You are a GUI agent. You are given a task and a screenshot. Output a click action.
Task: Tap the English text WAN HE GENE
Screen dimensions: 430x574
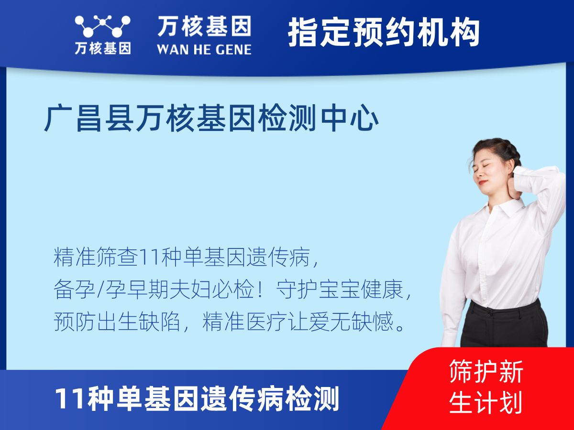[x=204, y=49]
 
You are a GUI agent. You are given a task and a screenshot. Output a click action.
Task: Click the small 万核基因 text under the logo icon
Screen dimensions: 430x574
[x=102, y=48]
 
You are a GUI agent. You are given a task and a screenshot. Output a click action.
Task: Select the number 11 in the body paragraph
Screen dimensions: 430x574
[x=145, y=258]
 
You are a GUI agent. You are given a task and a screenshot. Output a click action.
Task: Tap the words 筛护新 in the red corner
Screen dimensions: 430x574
[x=486, y=371]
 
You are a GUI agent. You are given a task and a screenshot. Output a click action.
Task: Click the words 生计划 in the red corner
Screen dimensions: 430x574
[x=486, y=402]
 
